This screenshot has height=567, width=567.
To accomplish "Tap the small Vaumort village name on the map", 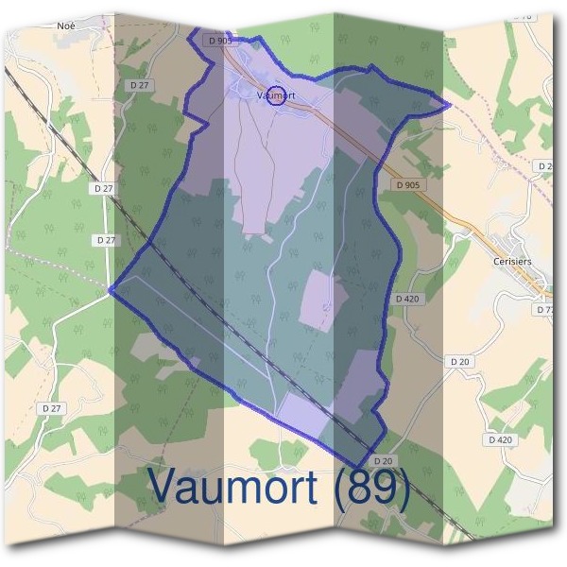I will (x=276, y=94).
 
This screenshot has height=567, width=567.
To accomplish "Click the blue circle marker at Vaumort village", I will (x=277, y=94).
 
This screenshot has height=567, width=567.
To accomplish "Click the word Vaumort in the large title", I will (x=236, y=488).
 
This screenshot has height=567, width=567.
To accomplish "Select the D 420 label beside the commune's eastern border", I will (x=406, y=299).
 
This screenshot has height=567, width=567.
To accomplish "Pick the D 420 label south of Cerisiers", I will (x=501, y=440).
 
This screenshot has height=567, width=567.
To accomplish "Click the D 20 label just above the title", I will (x=383, y=460).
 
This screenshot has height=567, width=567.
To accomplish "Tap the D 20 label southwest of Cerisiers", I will (x=460, y=361).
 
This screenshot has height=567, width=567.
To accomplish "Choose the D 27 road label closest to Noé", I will (x=139, y=85).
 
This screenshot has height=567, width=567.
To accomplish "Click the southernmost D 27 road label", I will (x=52, y=408).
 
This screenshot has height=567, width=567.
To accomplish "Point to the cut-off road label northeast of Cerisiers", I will (x=544, y=166).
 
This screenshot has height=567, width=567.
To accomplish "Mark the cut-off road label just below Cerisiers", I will (x=544, y=310).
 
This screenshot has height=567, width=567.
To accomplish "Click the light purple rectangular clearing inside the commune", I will (x=318, y=297).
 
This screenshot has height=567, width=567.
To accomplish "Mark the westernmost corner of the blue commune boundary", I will (x=111, y=289).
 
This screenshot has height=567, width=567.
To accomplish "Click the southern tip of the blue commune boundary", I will (x=357, y=465).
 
